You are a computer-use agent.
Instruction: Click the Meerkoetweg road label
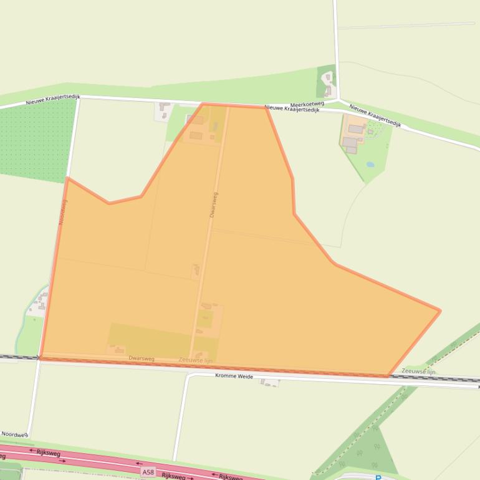coord(307,104)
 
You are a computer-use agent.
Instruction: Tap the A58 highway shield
coord(148,473)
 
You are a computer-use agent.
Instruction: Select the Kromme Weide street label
coord(234,376)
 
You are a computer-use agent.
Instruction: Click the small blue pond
coord(370,165)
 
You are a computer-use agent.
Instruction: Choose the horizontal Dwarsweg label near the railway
coord(142,358)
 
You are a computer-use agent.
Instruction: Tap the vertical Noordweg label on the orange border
coord(63,211)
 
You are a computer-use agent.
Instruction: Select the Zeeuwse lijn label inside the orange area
coord(195,360)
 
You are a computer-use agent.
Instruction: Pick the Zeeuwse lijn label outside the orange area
coord(418,371)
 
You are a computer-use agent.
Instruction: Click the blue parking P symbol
coord(378,478)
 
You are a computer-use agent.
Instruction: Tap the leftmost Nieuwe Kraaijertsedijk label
coord(53,100)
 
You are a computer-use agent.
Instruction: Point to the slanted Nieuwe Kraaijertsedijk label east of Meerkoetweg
coord(374,115)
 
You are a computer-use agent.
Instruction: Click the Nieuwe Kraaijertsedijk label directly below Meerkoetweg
coord(292,108)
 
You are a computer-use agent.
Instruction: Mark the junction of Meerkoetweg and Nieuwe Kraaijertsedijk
coord(338,100)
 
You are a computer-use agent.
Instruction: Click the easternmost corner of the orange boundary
coord(440,310)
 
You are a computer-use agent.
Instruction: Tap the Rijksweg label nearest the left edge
coord(48,453)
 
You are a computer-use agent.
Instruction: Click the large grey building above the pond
coord(356,130)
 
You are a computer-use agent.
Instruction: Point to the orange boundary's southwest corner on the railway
coord(41,358)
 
